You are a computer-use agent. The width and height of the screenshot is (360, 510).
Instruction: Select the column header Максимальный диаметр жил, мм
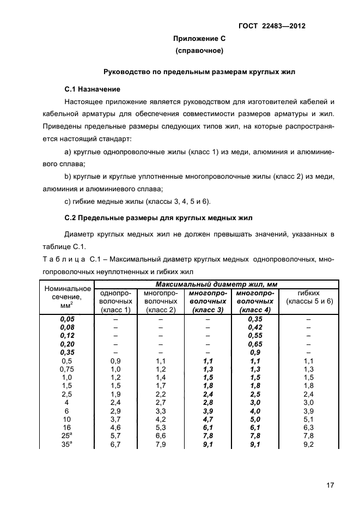pos(216,284)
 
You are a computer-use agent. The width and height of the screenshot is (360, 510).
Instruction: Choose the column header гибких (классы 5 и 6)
pos(309,297)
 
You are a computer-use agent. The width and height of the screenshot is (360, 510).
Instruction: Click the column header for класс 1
pos(115,301)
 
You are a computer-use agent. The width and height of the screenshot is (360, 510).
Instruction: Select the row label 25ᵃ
pos(68,436)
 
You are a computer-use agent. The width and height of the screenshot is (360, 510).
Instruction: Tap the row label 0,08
pos(68,327)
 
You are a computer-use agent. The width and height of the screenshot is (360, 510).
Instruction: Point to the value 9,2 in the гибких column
pos(309,445)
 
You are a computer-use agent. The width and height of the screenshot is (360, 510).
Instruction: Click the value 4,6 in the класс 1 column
pos(115,428)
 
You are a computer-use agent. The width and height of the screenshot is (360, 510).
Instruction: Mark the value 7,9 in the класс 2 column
pos(161,445)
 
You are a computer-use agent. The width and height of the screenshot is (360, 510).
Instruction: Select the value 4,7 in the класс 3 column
pos(208,419)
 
